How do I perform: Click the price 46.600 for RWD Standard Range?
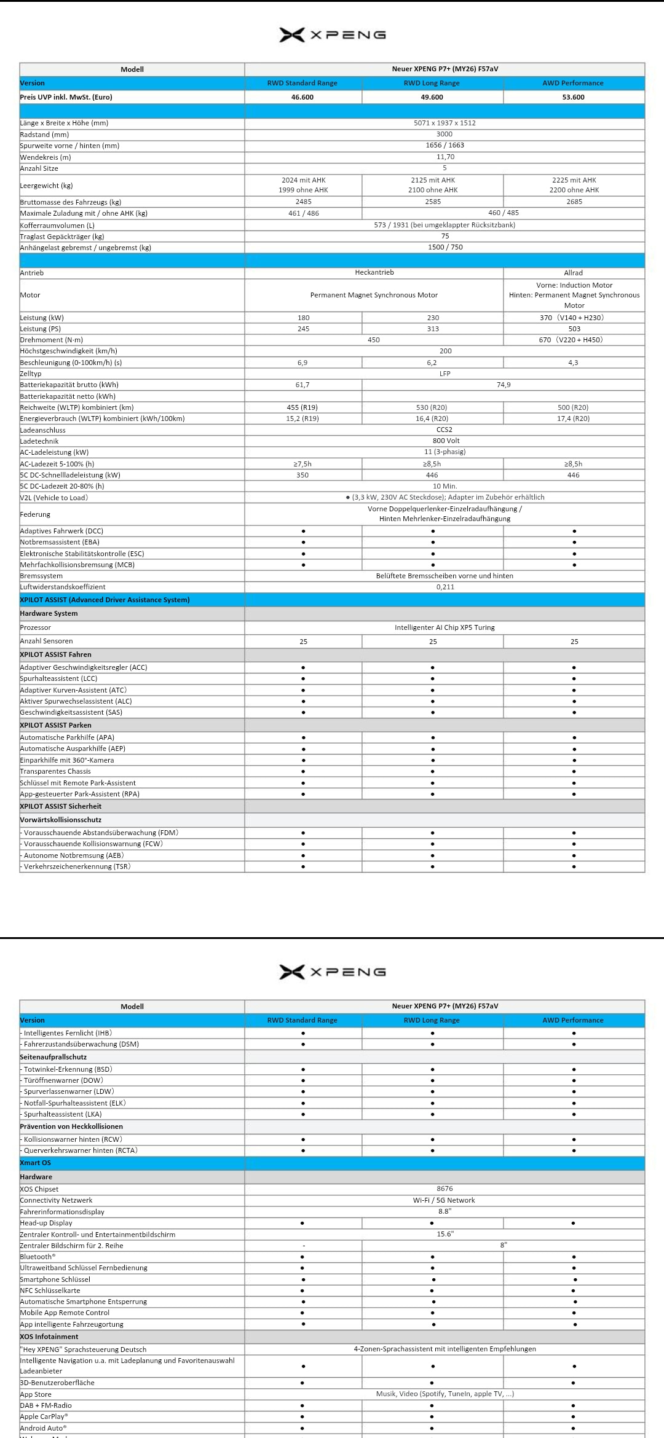[x=302, y=97]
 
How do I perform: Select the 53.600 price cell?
[x=573, y=97]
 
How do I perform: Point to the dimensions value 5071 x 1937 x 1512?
[x=445, y=123]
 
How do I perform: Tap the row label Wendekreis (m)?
[x=45, y=157]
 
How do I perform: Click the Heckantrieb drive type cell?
[x=374, y=272]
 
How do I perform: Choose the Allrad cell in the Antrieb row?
[x=573, y=273]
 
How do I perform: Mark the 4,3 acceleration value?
[x=573, y=363]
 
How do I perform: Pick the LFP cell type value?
[x=445, y=374]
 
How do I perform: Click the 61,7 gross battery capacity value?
[x=302, y=385]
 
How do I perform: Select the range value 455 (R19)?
[x=302, y=407]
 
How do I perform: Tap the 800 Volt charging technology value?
[x=446, y=441]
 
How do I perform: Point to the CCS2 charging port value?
[x=445, y=430]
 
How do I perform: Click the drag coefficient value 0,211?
[x=445, y=587]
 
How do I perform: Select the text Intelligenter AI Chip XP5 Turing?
[x=445, y=627]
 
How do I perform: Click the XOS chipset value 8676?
[x=445, y=1189]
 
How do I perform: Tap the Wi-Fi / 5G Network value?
[x=444, y=1200]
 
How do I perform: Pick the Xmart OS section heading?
[x=36, y=1163]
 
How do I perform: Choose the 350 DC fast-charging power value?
[x=302, y=475]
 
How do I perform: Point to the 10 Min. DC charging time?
[x=445, y=486]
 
